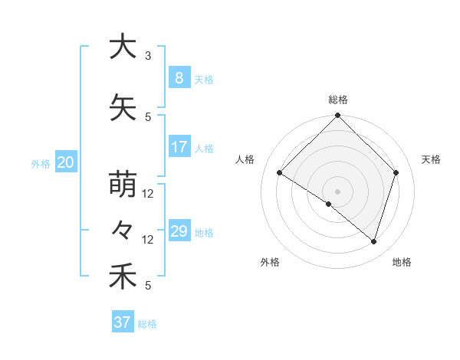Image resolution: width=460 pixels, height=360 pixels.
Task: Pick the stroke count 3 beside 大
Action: click(148, 56)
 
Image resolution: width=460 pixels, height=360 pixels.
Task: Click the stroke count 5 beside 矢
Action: click(148, 117)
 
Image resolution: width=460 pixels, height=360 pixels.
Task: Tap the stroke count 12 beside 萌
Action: click(148, 194)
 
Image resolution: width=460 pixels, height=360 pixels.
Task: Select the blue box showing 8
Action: click(179, 78)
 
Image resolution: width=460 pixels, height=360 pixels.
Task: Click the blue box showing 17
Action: click(179, 147)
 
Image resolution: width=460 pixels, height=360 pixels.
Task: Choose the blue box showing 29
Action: click(179, 231)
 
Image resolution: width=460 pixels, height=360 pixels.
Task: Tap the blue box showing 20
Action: click(65, 162)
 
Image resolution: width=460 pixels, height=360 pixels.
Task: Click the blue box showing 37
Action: click(122, 322)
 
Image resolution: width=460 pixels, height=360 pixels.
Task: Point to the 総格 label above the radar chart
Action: click(337, 100)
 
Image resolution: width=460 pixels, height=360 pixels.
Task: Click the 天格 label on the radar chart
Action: click(431, 159)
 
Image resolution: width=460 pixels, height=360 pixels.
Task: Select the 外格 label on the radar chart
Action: click(270, 262)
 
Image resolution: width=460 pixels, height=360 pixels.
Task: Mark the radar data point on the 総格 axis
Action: click(337, 116)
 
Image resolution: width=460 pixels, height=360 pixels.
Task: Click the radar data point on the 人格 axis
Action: click(280, 172)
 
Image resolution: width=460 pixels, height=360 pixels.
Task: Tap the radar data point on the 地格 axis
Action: click(373, 241)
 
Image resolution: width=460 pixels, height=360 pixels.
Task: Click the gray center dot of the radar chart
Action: click(337, 191)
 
